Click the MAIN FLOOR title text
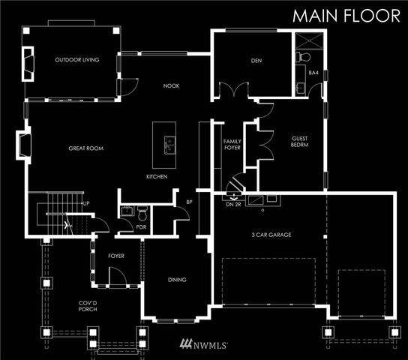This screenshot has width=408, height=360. pyautogui.click(x=346, y=16)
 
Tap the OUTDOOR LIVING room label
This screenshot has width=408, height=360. pyautogui.click(x=77, y=60)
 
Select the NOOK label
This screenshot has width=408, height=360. pyautogui.click(x=171, y=85)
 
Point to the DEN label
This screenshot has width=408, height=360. pyautogui.click(x=256, y=60)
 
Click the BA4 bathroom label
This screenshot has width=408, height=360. pyautogui.click(x=313, y=73)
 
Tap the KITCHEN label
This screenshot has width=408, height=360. pyautogui.click(x=157, y=177)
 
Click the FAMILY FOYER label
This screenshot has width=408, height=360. pyautogui.click(x=232, y=145)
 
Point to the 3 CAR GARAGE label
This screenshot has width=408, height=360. pyautogui.click(x=271, y=235)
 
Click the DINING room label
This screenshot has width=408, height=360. pyautogui.click(x=177, y=280)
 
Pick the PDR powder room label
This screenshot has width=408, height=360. pyautogui.click(x=141, y=227)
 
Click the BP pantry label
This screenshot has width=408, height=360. pyautogui.click(x=189, y=202)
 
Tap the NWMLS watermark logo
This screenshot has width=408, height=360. pyautogui.click(x=203, y=346)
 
